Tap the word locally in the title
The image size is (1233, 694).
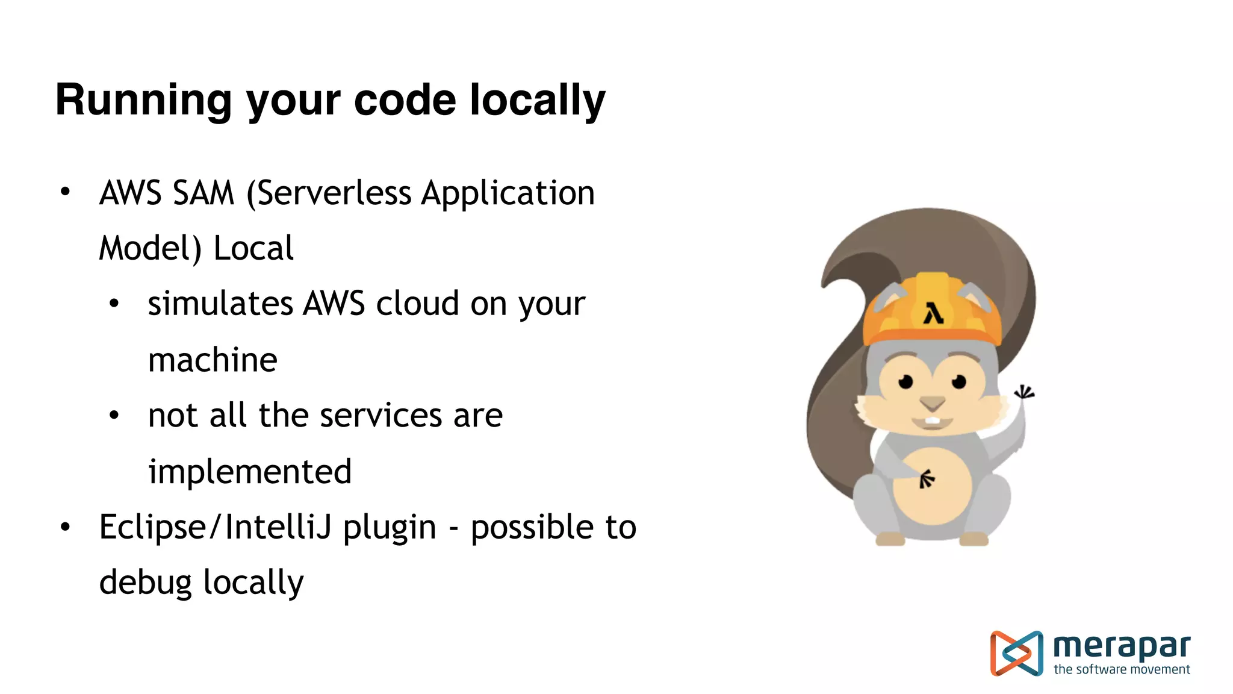pos(537,100)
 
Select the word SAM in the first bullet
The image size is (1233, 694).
pos(203,193)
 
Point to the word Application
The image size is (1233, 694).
pos(508,193)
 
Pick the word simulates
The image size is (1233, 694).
pos(220,303)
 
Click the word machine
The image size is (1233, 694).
pos(213,360)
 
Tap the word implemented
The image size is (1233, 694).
pos(250,471)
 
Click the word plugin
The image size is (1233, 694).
pos(390,528)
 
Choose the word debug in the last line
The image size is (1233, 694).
pos(145,583)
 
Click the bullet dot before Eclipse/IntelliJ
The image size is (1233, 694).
pos(66,527)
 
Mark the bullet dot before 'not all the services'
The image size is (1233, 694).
pos(114,415)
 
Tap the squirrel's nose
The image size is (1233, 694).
pos(932,402)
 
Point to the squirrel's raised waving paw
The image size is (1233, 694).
pos(1023,393)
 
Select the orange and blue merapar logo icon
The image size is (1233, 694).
pos(1016,653)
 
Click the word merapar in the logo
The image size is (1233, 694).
pos(1122,646)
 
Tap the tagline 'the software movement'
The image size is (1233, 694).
pos(1122,669)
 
